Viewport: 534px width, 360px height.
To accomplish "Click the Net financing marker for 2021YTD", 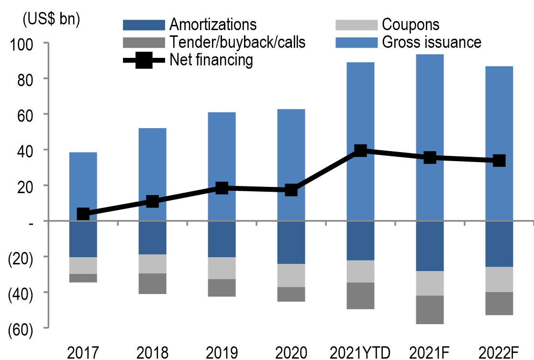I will click(x=360, y=151).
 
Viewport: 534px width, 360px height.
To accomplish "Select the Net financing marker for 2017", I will click(x=83, y=214).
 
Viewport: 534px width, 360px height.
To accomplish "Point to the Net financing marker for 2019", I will click(x=222, y=187).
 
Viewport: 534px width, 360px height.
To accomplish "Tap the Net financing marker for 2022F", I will click(x=499, y=161).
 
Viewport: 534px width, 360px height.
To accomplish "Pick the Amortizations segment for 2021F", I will click(x=430, y=246).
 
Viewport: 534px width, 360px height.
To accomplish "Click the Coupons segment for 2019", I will click(x=222, y=268).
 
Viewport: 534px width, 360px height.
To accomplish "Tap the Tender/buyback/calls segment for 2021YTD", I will click(x=360, y=296).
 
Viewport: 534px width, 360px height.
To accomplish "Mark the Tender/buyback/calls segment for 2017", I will click(x=83, y=278).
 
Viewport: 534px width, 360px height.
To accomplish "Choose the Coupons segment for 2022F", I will click(x=499, y=280).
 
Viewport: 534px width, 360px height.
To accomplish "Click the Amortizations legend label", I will click(x=213, y=25).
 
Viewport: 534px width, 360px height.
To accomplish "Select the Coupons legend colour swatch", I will click(x=354, y=25).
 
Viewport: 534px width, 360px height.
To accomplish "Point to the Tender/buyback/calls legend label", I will click(x=237, y=43).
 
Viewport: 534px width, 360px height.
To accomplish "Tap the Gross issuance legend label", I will click(x=432, y=43).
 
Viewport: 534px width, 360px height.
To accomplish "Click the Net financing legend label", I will click(x=211, y=60).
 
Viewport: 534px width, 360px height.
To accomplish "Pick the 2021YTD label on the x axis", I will click(x=360, y=352).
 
